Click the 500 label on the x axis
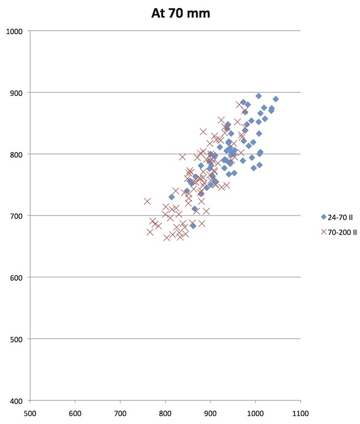30,412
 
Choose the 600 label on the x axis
75,412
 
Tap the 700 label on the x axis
120,412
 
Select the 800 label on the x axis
165,412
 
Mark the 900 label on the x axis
210,412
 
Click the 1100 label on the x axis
300,412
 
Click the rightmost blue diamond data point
276,99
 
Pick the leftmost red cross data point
148,201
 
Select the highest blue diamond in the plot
259,96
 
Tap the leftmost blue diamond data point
172,197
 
